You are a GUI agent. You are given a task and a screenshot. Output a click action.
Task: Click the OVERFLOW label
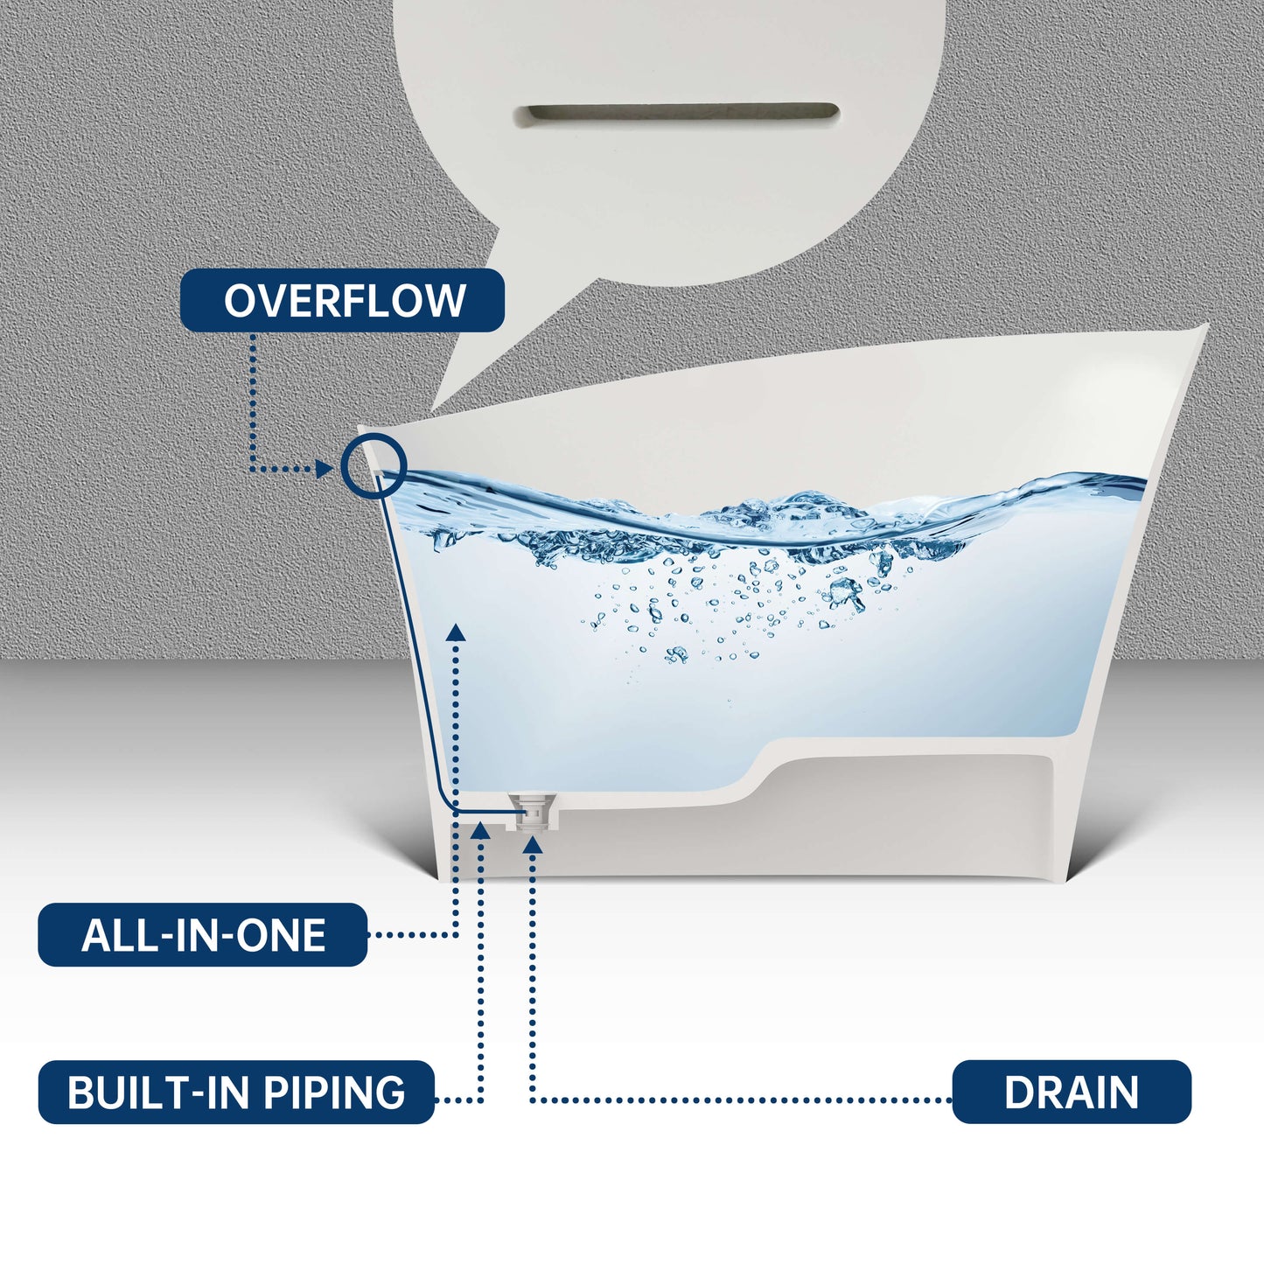pyautogui.click(x=342, y=300)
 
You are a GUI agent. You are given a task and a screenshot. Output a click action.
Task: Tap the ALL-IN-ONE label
pyautogui.click(x=203, y=935)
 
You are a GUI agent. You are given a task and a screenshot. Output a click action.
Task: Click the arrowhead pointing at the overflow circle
pyautogui.click(x=324, y=469)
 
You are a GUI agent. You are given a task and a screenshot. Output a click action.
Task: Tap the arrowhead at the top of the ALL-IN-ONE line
pyautogui.click(x=456, y=632)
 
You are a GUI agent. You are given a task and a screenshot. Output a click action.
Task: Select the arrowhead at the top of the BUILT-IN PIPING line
pyautogui.click(x=481, y=830)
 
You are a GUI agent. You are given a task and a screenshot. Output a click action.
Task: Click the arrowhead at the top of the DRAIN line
pyautogui.click(x=533, y=844)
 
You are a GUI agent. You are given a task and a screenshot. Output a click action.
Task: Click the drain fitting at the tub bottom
pyautogui.click(x=533, y=812)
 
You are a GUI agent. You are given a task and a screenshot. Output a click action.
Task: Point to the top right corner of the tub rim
pyautogui.click(x=1208, y=324)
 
